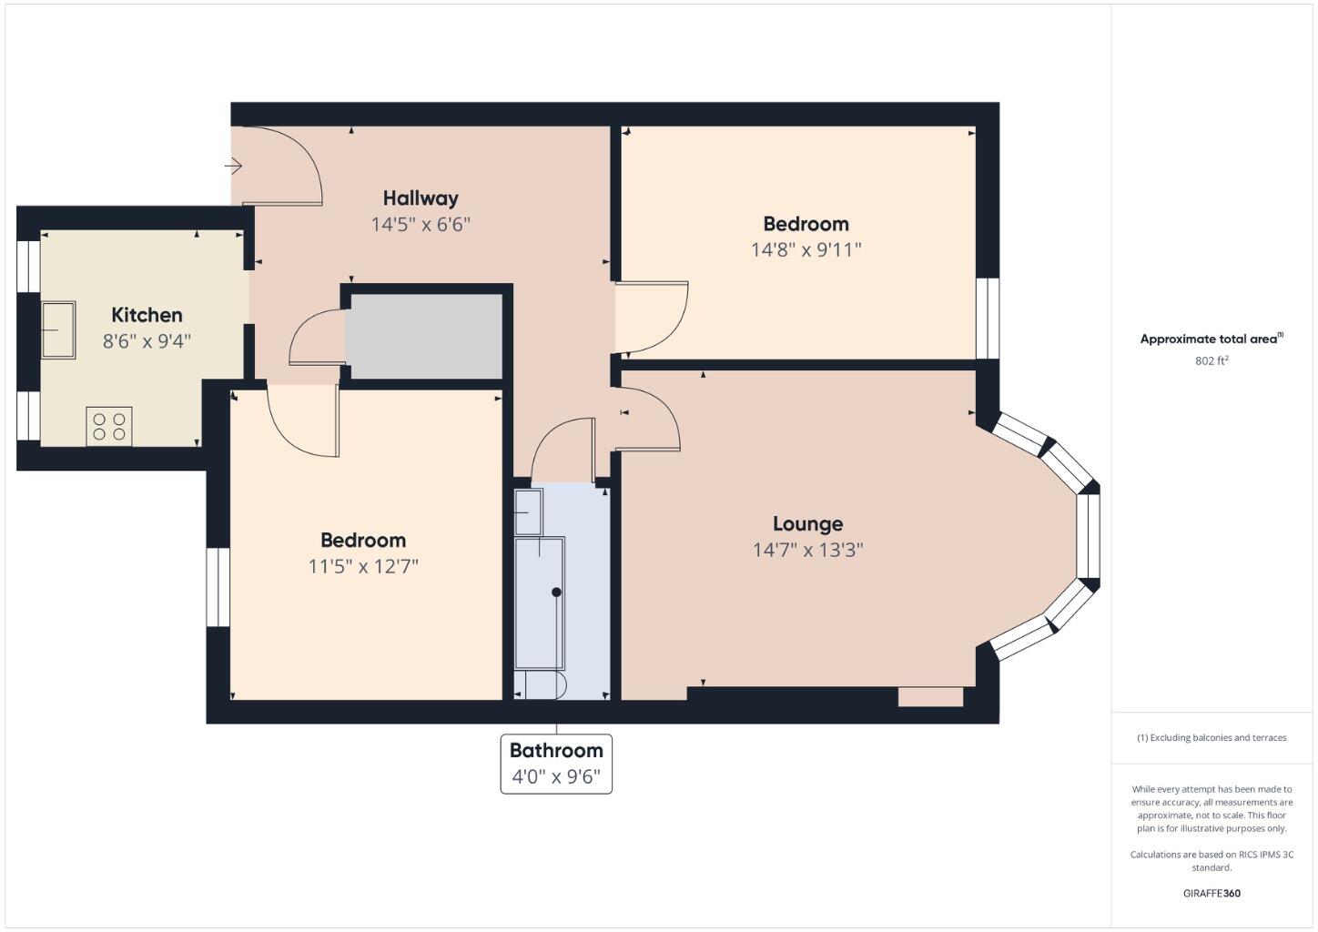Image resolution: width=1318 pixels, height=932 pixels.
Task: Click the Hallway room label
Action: click(420, 198)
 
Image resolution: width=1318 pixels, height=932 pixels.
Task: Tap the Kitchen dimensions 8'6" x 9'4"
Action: click(147, 342)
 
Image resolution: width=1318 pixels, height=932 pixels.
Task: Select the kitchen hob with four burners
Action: click(109, 426)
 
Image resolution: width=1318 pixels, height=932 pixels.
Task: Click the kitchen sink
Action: click(58, 329)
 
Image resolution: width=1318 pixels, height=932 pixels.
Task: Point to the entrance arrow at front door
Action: click(234, 166)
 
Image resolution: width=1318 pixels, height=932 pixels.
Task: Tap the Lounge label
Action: click(807, 524)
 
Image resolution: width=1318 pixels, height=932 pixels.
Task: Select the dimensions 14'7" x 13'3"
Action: click(807, 550)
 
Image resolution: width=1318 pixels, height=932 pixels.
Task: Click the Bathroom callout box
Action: click(556, 764)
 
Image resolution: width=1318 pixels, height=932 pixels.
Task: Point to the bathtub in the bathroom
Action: click(540, 603)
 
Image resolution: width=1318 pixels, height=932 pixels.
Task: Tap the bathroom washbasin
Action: click(529, 512)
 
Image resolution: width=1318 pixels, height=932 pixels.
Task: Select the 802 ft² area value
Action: click(1212, 360)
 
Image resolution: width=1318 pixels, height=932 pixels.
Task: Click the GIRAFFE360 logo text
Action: click(1212, 893)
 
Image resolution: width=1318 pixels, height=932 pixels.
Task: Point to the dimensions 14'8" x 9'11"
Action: click(806, 249)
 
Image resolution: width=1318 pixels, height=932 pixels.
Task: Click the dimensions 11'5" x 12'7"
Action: click(363, 566)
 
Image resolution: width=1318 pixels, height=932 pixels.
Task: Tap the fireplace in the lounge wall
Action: click(930, 697)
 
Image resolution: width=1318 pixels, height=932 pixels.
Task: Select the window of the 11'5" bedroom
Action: click(218, 587)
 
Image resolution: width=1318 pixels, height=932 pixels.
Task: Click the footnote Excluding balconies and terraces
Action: click(1212, 737)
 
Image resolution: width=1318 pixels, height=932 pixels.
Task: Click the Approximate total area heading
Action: click(1210, 339)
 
